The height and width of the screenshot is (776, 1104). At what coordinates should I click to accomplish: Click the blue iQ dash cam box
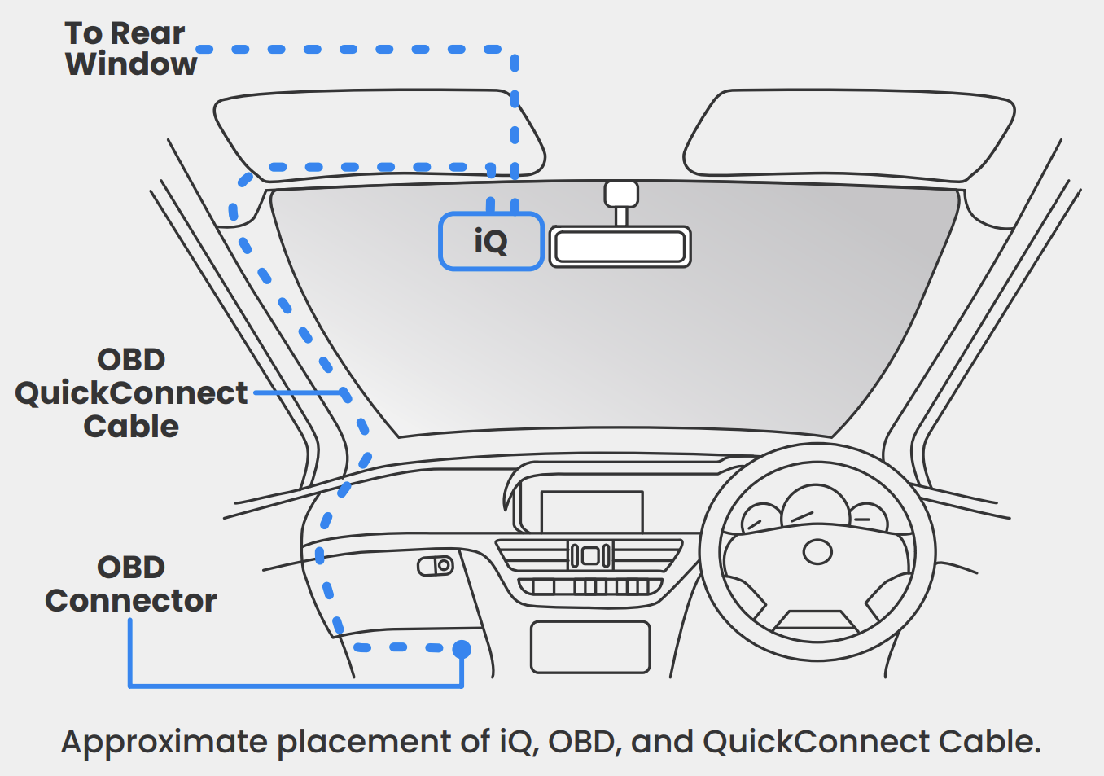[x=491, y=241]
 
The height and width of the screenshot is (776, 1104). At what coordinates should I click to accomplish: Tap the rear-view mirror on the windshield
[x=620, y=247]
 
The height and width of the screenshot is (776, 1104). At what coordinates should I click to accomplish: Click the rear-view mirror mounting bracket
[x=621, y=196]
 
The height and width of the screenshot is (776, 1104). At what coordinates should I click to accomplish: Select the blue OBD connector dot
[x=462, y=649]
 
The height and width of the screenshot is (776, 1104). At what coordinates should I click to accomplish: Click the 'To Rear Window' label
[x=130, y=49]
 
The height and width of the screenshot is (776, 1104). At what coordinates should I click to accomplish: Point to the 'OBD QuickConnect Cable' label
[x=130, y=393]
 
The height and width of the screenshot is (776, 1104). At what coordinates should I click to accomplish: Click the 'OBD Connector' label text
[x=130, y=584]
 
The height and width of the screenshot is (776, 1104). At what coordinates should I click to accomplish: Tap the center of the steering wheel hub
[x=817, y=552]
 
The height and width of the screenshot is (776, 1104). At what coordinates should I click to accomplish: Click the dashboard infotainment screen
[x=592, y=511]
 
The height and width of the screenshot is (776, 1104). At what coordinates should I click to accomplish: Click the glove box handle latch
[x=436, y=565]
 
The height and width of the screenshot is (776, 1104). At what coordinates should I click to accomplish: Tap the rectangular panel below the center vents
[x=590, y=647]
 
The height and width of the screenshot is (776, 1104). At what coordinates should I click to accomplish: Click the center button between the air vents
[x=590, y=556]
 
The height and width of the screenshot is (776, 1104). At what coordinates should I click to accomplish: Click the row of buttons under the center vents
[x=590, y=586]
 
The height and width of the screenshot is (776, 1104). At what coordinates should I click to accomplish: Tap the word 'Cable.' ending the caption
[x=989, y=743]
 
